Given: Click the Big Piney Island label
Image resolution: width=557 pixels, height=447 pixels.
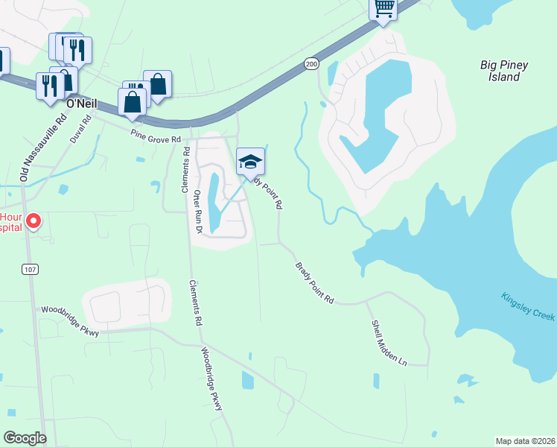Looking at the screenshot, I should tap(504, 71).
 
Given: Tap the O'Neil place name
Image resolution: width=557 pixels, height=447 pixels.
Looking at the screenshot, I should tap(82, 104).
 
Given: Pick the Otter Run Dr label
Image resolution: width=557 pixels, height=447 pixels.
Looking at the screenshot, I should tap(199, 212).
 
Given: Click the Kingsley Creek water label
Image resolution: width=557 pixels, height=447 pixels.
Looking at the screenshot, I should tap(527, 305).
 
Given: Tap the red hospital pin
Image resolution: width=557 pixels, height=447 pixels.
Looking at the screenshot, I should tap(34, 221).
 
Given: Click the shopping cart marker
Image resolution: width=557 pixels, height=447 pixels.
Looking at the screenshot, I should tap(383, 8).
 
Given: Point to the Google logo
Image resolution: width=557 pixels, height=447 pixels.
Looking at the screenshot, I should tap(24, 438).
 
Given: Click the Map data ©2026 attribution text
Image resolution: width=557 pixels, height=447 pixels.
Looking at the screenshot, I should tap(525, 440).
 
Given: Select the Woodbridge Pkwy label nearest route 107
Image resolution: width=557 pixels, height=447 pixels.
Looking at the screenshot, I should tap(70, 320).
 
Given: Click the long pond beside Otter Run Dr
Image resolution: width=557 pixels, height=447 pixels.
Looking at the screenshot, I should tap(214, 201).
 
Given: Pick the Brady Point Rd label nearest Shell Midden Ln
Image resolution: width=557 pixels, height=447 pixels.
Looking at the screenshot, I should tap(314, 282).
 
